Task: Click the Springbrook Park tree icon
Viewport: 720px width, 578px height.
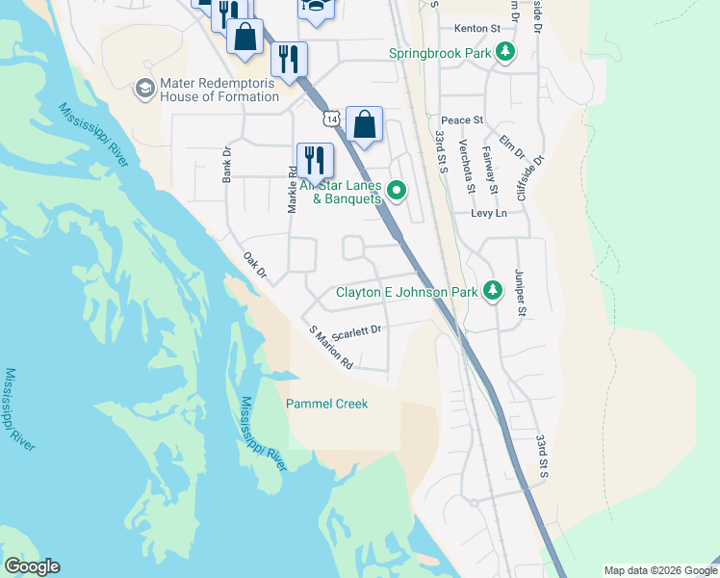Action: point(504,54)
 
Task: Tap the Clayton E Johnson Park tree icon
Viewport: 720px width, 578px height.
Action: point(492,291)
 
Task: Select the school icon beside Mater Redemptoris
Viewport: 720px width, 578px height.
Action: point(144,90)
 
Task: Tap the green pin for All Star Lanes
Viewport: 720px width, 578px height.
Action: point(396,192)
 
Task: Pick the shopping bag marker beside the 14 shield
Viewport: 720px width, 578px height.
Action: point(365,125)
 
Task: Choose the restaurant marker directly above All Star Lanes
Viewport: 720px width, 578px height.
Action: point(315,159)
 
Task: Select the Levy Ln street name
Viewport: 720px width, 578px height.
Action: point(488,213)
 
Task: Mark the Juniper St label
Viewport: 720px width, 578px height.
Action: point(521,292)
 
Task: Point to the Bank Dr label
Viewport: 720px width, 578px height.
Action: point(228,165)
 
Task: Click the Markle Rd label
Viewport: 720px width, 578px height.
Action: point(292,189)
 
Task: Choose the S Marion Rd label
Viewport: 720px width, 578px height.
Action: point(331,348)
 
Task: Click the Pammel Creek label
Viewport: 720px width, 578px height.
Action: point(326,404)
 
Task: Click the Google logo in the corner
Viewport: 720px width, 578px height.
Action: point(31,566)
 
